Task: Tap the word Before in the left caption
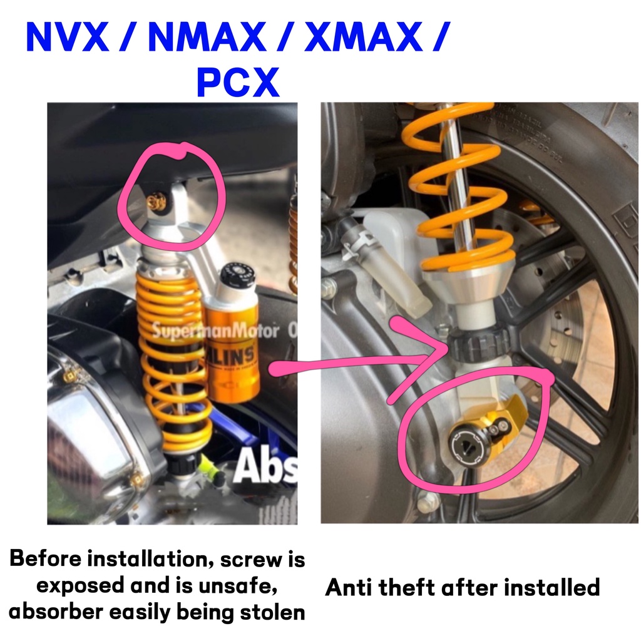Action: click(x=48, y=558)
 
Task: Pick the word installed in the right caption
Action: click(x=551, y=587)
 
